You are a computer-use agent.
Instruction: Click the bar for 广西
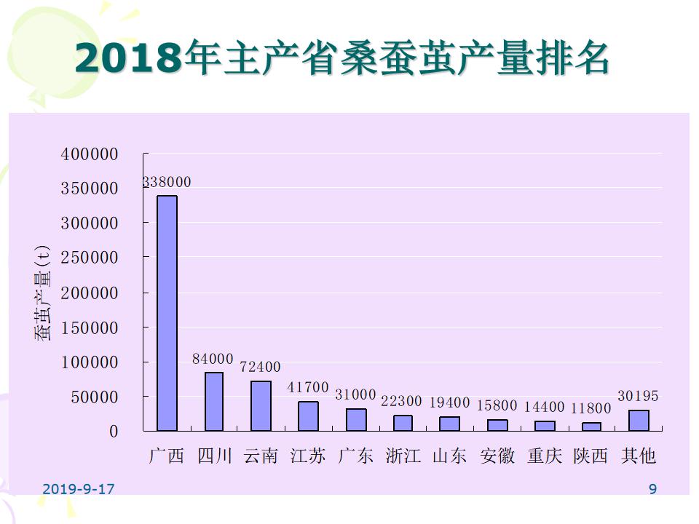[167, 313]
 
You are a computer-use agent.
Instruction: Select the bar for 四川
[214, 402]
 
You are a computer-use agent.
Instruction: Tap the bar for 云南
[261, 405]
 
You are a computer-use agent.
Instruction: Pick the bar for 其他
[639, 421]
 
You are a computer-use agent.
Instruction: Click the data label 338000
[167, 182]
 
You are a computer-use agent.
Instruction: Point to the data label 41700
[308, 388]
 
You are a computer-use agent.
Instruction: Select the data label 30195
[638, 397]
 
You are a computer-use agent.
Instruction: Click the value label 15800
[497, 406]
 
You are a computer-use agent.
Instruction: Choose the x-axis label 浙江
[403, 456]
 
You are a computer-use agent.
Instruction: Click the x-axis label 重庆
[545, 456]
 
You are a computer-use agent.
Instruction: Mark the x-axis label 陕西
[591, 456]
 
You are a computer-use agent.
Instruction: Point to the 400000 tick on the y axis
[90, 154]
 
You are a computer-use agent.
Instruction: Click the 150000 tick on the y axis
[90, 327]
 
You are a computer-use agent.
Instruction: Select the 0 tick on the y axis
[113, 432]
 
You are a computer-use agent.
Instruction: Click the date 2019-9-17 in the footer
[79, 489]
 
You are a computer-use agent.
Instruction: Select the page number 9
[652, 489]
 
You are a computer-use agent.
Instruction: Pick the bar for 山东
[450, 424]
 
